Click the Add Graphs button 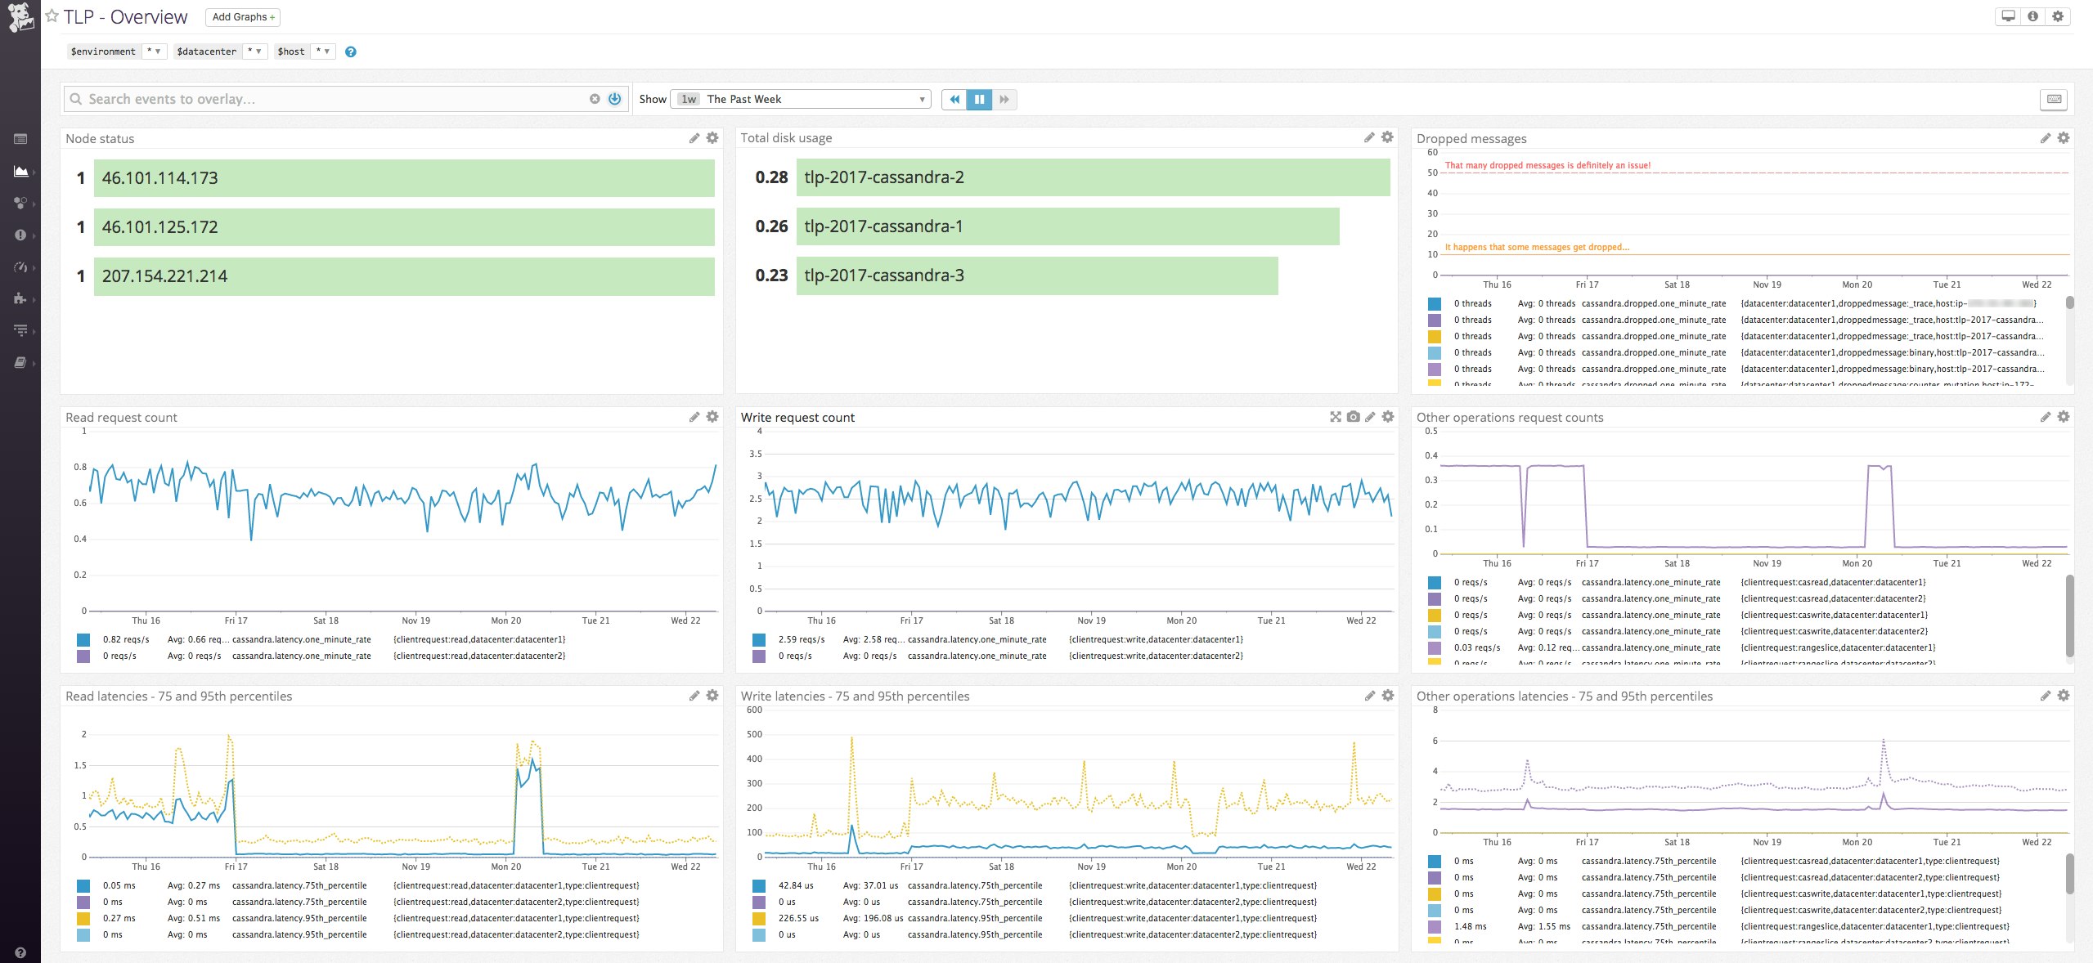(x=242, y=17)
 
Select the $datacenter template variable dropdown (x=220, y=52)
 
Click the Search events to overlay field (x=327, y=99)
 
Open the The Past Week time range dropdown (x=802, y=99)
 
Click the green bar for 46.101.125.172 (x=404, y=226)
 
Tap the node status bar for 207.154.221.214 (x=404, y=276)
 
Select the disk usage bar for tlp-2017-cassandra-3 (x=1036, y=275)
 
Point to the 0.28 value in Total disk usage (x=771, y=177)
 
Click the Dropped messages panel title (x=1471, y=139)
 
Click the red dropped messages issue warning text (x=1547, y=165)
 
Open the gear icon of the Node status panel (x=712, y=138)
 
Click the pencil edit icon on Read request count (x=694, y=417)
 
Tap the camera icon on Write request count (x=1354, y=417)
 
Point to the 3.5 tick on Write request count (x=755, y=454)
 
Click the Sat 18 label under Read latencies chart (x=326, y=867)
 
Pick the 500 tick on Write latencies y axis (x=754, y=734)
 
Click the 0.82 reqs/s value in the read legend (x=126, y=639)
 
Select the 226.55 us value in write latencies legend (x=798, y=918)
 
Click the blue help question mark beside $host (x=351, y=52)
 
